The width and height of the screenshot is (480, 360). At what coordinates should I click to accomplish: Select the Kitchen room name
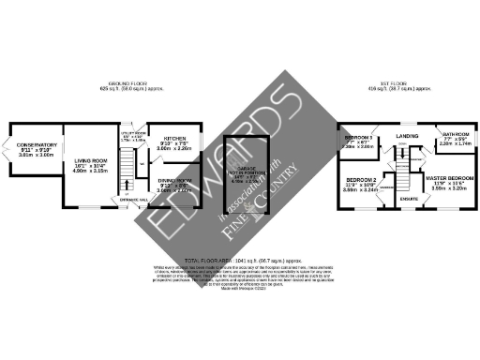tap(173, 138)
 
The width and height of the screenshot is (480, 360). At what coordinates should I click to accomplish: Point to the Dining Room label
tap(173, 179)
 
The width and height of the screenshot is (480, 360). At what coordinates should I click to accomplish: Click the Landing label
tap(408, 136)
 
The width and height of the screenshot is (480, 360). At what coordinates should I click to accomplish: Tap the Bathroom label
tap(455, 133)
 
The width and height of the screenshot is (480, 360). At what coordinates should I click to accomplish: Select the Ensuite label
tap(409, 199)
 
